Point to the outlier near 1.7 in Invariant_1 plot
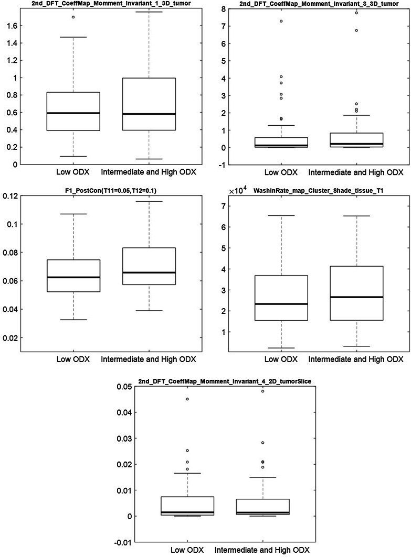coord(73,17)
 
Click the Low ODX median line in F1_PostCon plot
coord(73,277)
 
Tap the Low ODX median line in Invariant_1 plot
coord(73,113)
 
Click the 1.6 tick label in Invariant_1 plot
coord(10,26)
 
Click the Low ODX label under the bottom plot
coord(187,550)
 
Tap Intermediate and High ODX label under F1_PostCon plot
coord(148,360)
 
